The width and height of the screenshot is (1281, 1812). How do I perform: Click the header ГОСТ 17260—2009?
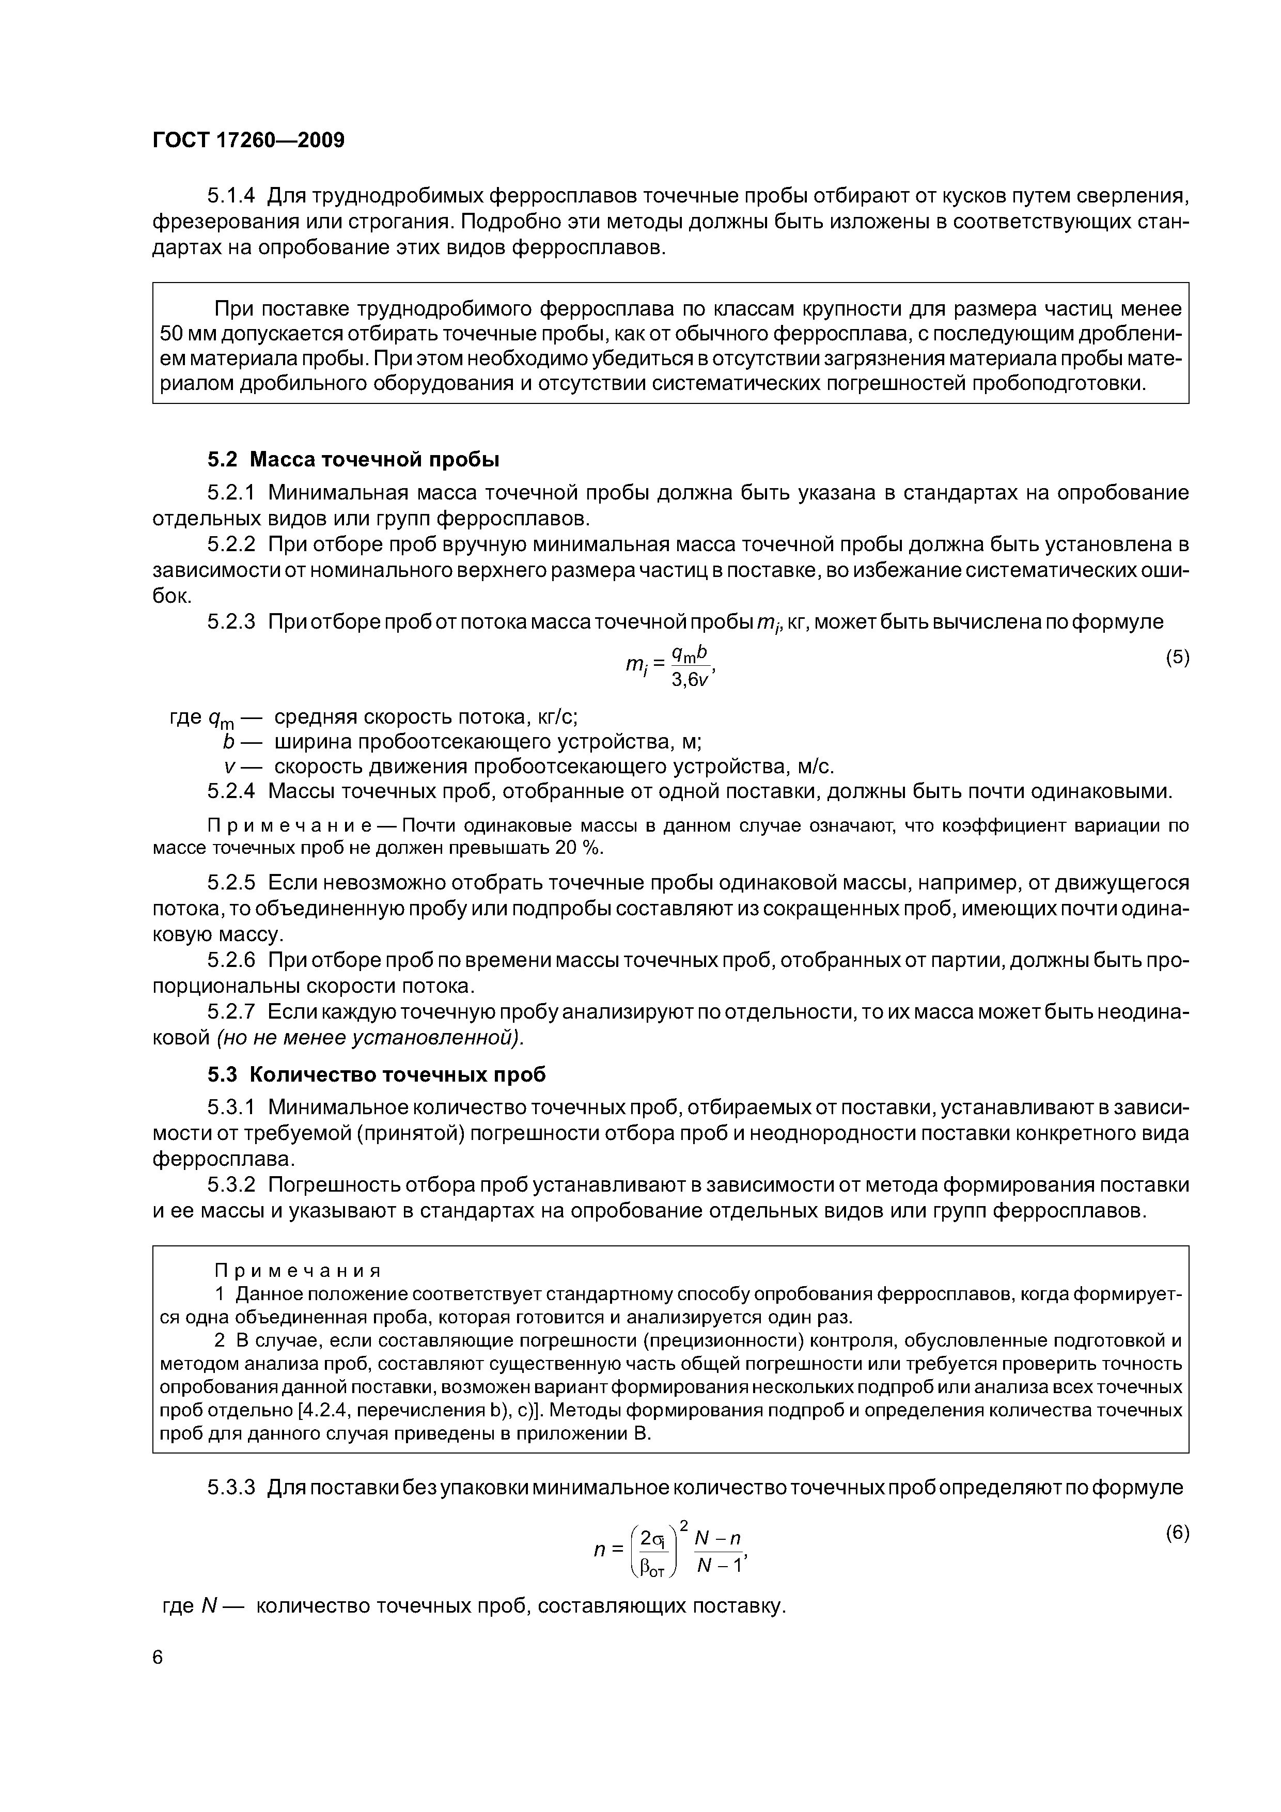(x=248, y=140)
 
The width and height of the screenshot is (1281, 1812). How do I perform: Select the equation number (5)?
(x=1177, y=658)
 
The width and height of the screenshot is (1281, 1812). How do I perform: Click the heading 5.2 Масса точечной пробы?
(x=354, y=459)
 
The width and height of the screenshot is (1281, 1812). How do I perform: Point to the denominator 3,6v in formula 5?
(x=691, y=680)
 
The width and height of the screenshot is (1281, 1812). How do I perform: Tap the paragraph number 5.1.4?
(x=233, y=195)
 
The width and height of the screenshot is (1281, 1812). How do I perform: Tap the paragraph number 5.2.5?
(x=233, y=882)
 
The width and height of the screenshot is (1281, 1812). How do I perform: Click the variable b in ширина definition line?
(x=230, y=742)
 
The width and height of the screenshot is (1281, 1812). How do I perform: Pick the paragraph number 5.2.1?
(x=233, y=493)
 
